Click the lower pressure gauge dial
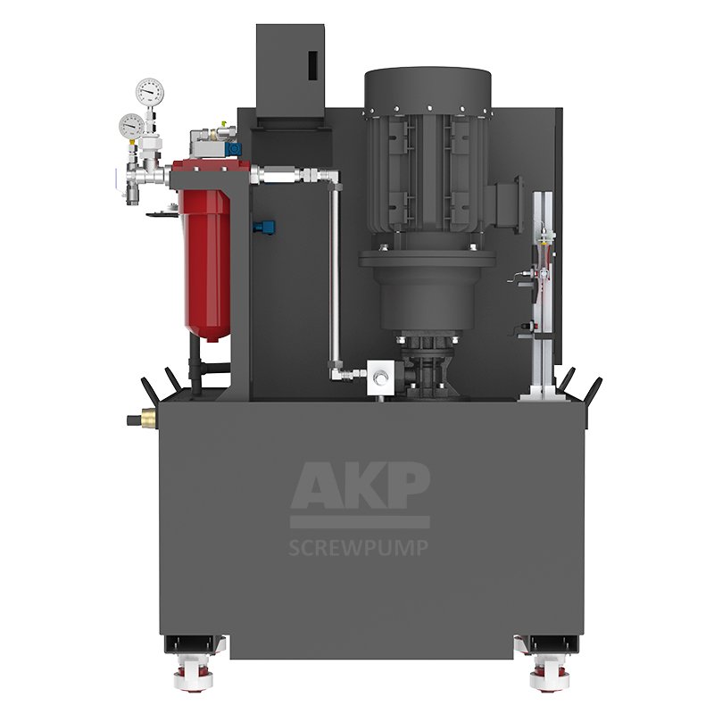[x=130, y=126]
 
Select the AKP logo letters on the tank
[x=360, y=485]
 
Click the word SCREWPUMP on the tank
[x=359, y=548]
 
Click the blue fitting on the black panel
[x=265, y=225]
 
